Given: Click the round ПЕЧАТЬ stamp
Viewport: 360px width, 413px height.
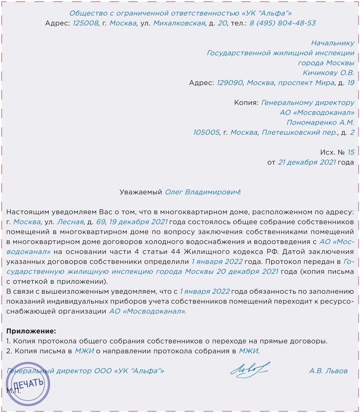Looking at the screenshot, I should click(29, 385).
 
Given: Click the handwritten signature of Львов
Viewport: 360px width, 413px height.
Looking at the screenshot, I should click(249, 370).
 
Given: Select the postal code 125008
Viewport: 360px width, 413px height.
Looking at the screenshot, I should click(85, 23).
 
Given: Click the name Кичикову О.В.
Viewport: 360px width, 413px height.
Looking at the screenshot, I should click(328, 73).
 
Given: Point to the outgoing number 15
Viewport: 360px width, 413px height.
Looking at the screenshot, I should click(351, 152).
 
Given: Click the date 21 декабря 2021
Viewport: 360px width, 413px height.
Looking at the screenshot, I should click(307, 162).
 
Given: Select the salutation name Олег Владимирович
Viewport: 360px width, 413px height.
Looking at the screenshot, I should click(202, 192).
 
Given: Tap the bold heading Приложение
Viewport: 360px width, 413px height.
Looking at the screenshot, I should click(31, 331).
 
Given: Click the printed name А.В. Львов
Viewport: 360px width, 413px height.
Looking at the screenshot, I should click(328, 371).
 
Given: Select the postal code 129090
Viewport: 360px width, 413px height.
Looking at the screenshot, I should click(229, 83).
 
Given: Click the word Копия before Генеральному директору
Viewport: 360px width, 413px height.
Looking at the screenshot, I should click(246, 103).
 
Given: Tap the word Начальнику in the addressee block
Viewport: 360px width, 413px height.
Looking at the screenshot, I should click(332, 43).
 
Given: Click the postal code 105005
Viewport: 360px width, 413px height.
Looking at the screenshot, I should click(206, 132).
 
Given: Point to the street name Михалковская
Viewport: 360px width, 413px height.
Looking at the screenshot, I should click(179, 23).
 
